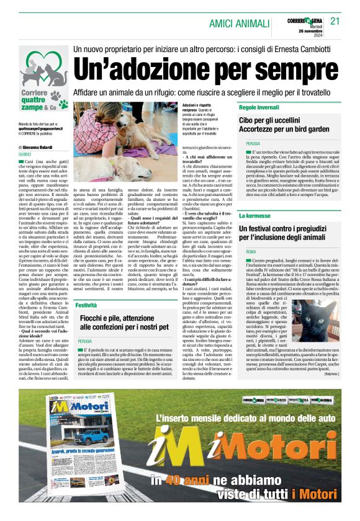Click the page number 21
336,21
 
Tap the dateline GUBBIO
25,154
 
